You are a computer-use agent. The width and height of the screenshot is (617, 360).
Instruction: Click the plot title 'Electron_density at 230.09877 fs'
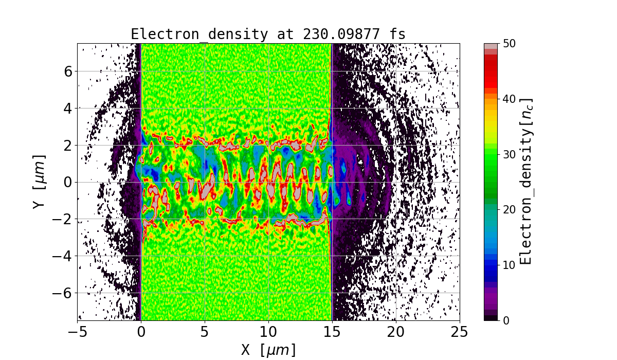tap(268, 34)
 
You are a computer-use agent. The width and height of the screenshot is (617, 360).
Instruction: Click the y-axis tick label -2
tap(63, 219)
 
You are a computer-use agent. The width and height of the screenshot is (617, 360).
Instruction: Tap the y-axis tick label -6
tap(63, 293)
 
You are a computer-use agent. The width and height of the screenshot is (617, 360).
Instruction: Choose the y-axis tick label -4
tap(63, 256)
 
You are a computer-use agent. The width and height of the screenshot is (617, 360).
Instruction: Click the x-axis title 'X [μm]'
tap(268, 350)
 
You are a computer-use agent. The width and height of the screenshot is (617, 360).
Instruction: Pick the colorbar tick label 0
tap(505, 320)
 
